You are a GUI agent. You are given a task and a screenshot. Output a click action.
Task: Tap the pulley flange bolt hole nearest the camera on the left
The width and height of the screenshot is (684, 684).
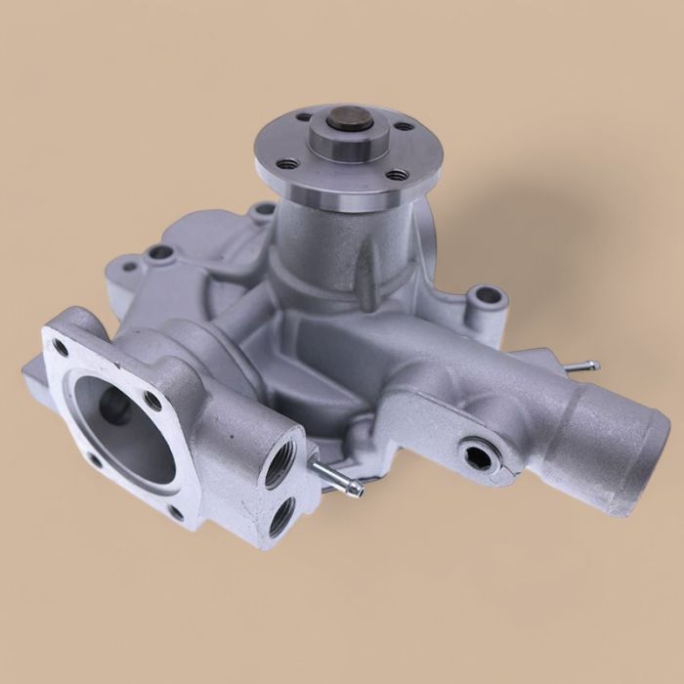287,163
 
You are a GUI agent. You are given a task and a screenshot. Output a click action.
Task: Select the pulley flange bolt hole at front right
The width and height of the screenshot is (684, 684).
397,175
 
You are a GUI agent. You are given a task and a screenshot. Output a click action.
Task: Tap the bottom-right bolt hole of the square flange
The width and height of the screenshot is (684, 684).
175,511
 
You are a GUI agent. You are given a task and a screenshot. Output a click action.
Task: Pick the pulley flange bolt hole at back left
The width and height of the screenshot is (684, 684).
302,118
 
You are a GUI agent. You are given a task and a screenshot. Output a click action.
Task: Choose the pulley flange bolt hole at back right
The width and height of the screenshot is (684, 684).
402,125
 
